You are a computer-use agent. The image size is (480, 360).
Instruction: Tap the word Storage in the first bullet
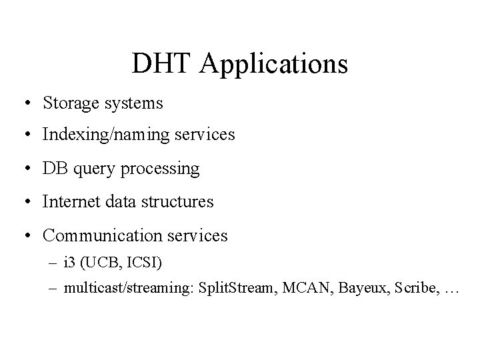(x=69, y=103)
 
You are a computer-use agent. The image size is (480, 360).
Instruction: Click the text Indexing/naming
(x=97, y=135)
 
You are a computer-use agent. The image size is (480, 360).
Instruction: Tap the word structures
(x=179, y=201)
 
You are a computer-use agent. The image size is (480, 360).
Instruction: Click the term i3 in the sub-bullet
(x=69, y=263)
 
